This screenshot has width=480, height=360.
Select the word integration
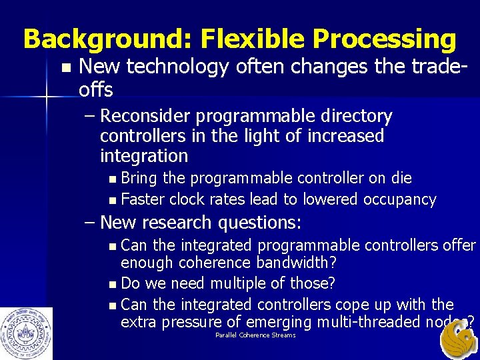coord(143,156)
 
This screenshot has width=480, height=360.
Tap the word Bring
coord(140,178)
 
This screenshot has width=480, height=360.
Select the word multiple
coord(237,283)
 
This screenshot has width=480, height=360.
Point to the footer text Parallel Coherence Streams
coord(255,335)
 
